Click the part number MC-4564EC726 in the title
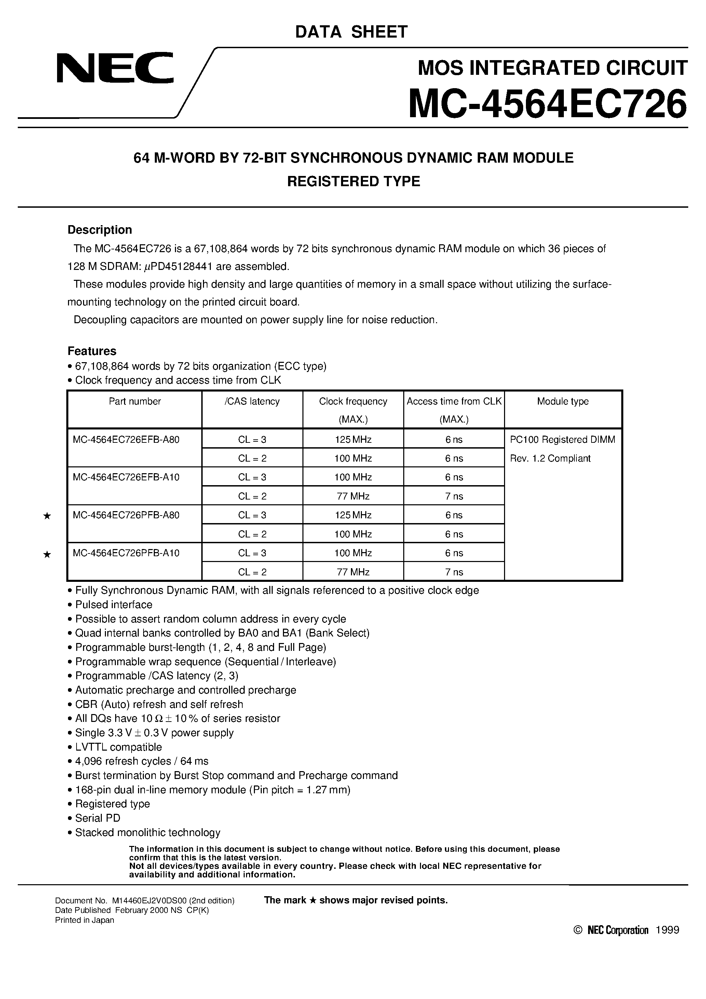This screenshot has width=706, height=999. tap(547, 104)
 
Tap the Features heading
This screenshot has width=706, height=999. tap(92, 351)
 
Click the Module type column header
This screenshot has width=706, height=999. tap(562, 401)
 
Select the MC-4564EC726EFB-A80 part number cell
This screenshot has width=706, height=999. tap(126, 439)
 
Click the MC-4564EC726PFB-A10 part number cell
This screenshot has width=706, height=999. tap(126, 553)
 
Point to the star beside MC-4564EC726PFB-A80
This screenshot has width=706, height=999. tap(47, 516)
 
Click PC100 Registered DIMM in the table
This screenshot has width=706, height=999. tap(562, 439)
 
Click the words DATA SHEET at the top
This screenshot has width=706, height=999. tap(351, 32)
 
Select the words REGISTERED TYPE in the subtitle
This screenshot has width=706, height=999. tap(353, 181)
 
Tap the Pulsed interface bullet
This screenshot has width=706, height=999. tap(113, 604)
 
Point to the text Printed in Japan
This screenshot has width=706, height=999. tap(84, 920)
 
